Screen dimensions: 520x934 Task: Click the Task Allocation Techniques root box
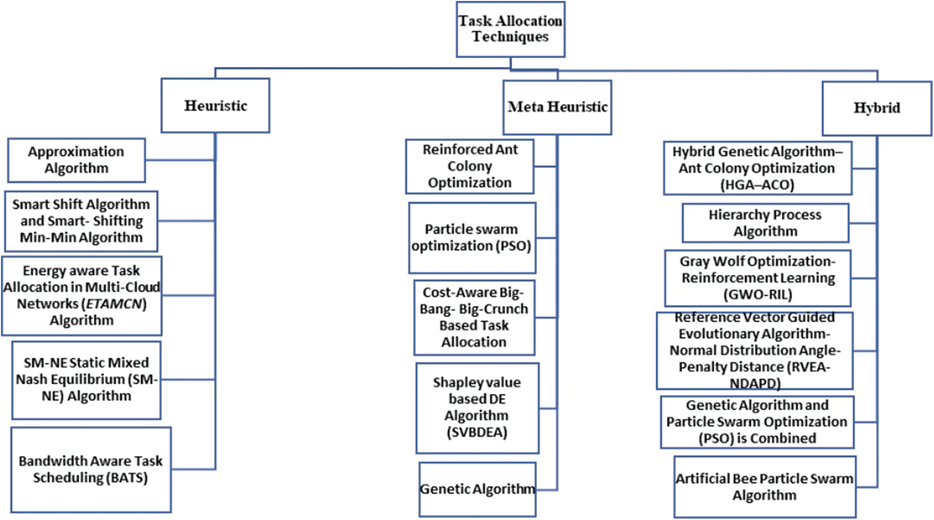510,29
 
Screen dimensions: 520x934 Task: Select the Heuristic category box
215,105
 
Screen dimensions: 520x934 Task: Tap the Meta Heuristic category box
557,107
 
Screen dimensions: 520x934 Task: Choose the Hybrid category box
876,108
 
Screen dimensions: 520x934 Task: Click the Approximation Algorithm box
76,160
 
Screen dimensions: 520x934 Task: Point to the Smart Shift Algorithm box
81,221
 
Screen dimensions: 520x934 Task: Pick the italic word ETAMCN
114,304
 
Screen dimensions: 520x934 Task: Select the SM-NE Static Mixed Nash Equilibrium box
86,380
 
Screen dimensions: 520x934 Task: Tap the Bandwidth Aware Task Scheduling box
90,469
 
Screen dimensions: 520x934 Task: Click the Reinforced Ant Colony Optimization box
469,166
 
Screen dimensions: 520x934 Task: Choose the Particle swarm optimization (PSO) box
472,238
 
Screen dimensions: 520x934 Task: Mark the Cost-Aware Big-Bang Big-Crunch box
474,318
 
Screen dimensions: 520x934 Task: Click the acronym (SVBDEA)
477,432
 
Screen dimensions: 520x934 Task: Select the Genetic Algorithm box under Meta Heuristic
477,489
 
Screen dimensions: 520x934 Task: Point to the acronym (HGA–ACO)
757,185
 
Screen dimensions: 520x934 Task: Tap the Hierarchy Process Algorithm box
765,223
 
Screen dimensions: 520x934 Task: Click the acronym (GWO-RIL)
758,295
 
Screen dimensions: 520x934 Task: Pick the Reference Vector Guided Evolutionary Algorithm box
754,350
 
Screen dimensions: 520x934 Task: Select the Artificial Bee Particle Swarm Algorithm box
765,487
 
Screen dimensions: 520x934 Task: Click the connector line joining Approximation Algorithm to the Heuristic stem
180,160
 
